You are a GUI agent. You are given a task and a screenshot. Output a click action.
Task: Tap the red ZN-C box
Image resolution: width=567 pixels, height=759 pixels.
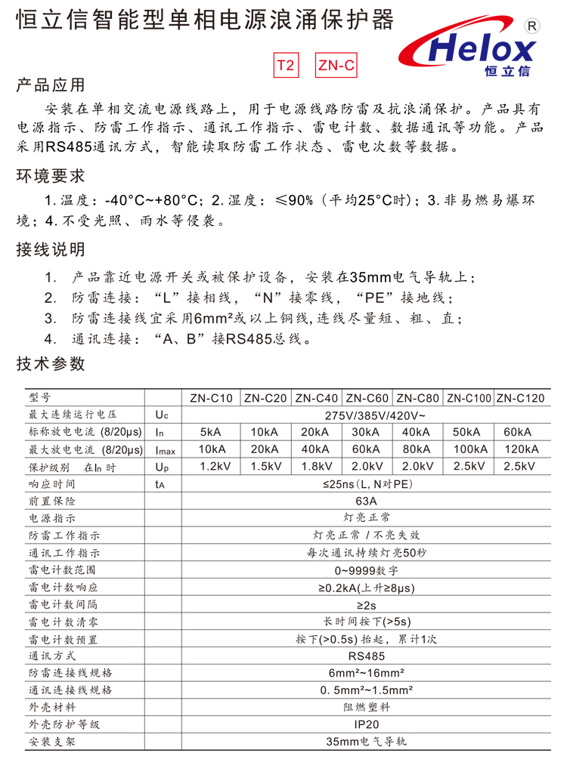pyautogui.click(x=336, y=66)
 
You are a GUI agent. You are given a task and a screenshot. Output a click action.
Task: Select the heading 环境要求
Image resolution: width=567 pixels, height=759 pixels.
pyautogui.click(x=51, y=177)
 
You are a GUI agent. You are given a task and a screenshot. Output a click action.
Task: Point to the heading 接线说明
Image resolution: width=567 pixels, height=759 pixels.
pyautogui.click(x=51, y=249)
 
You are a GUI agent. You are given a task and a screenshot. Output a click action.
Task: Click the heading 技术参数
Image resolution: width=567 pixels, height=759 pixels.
pyautogui.click(x=51, y=364)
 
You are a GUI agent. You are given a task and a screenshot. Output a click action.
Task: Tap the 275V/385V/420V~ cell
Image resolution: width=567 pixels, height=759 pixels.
pyautogui.click(x=364, y=415)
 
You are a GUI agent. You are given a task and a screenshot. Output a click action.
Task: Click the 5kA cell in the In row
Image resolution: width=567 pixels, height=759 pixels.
pyautogui.click(x=211, y=433)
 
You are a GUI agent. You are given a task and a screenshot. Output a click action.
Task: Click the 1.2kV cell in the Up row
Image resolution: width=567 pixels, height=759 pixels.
pyautogui.click(x=211, y=467)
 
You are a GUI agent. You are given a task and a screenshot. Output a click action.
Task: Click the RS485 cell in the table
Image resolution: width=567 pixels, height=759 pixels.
pyautogui.click(x=364, y=656)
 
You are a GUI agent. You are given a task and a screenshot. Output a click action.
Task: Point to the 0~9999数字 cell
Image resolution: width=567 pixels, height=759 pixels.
pyautogui.click(x=364, y=570)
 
